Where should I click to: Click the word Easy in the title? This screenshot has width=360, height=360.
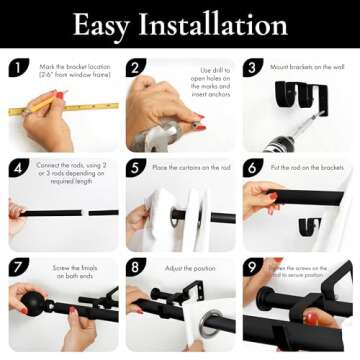(107, 24)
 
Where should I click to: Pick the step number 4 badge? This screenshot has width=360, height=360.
(19, 168)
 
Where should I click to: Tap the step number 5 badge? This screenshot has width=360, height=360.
(136, 168)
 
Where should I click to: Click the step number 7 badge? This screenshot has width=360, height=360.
(19, 267)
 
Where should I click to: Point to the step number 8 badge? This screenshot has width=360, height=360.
(136, 267)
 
